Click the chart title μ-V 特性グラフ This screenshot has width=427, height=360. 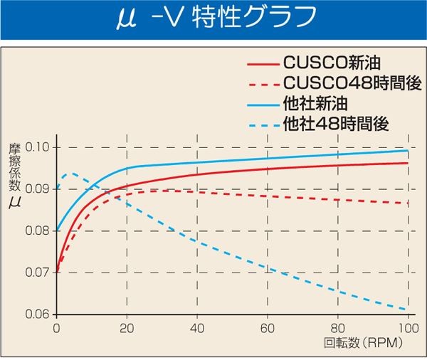(x=213, y=20)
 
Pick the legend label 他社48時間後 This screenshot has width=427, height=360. (x=335, y=125)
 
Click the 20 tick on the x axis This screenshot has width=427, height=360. (x=127, y=329)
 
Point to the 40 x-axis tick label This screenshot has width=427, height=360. (x=198, y=329)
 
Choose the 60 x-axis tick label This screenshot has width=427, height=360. (x=268, y=329)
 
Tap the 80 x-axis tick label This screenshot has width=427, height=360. (x=338, y=329)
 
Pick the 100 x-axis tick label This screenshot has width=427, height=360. (x=406, y=329)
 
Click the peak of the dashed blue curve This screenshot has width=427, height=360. (x=69, y=173)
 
